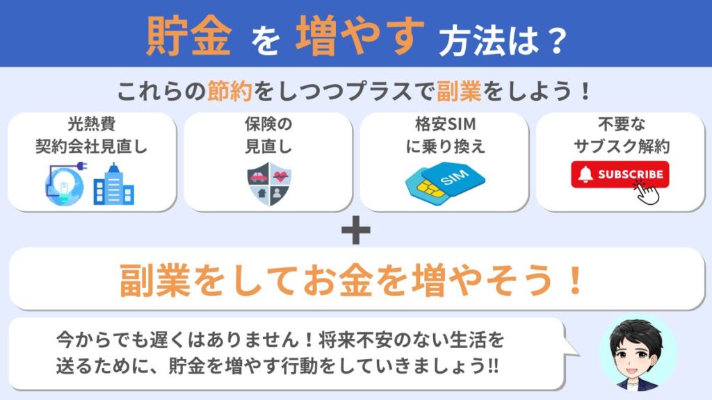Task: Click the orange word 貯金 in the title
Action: [x=188, y=36]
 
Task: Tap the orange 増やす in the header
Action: [x=360, y=36]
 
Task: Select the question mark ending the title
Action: [x=555, y=42]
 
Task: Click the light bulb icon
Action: [x=65, y=187]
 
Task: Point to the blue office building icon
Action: [x=113, y=184]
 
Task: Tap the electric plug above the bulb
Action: [x=80, y=167]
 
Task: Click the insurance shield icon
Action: [x=269, y=184]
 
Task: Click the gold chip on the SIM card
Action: [x=430, y=187]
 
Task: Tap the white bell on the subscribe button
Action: [x=585, y=174]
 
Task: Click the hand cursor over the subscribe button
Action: [x=647, y=192]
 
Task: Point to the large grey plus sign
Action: [x=356, y=230]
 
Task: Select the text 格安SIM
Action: [x=446, y=124]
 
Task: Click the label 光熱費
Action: [x=92, y=124]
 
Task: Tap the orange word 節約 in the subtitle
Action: [x=229, y=91]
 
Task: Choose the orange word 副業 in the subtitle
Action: [x=459, y=91]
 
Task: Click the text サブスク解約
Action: [x=622, y=147]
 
